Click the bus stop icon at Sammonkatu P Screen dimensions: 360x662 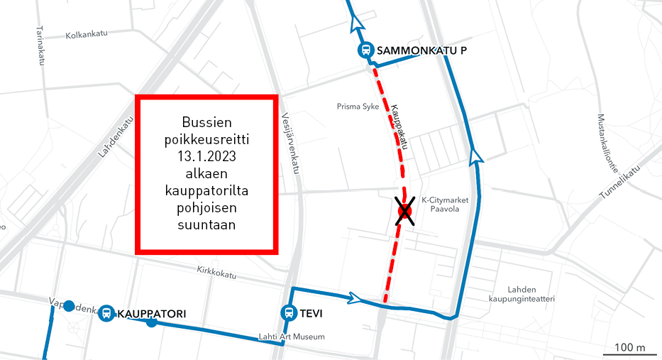pos(365,50)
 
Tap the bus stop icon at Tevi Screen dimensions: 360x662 pos(289,312)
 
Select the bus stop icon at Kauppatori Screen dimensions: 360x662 pos(106,312)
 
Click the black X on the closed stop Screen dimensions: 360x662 pos(404,212)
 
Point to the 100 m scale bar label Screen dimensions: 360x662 pos(629,347)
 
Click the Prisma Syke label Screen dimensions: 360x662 pos(358,107)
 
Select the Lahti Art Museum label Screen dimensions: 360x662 pos(292,337)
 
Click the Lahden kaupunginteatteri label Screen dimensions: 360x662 pos(531,294)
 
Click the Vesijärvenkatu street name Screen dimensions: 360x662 pos(290,143)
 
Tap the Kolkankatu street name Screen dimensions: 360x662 pos(85,35)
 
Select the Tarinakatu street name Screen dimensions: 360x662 pos(39,46)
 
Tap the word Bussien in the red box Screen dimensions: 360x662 pos(206,122)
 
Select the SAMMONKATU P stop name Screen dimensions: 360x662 pos(421,50)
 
